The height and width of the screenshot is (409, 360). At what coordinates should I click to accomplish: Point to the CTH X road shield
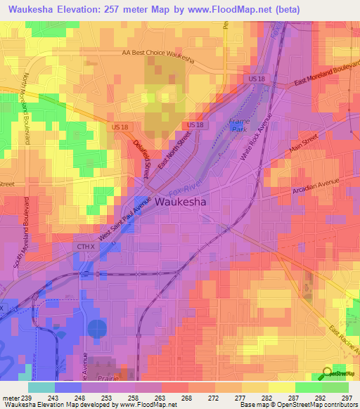click(x=84, y=247)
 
